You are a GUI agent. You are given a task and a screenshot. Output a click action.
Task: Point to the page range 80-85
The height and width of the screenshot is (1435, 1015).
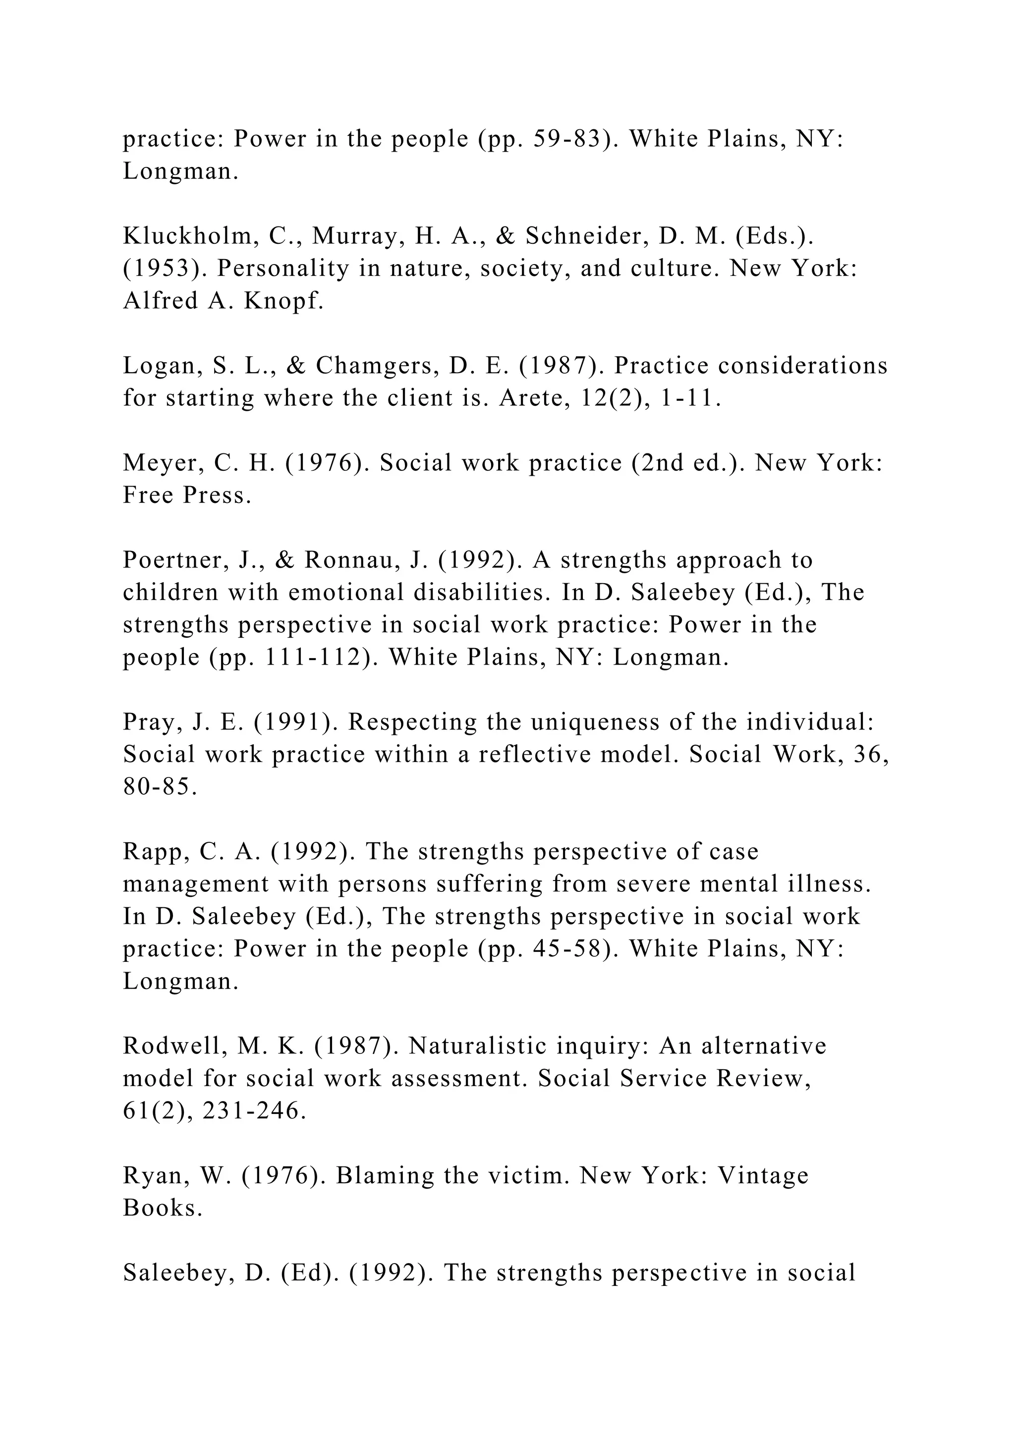point(160,787)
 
